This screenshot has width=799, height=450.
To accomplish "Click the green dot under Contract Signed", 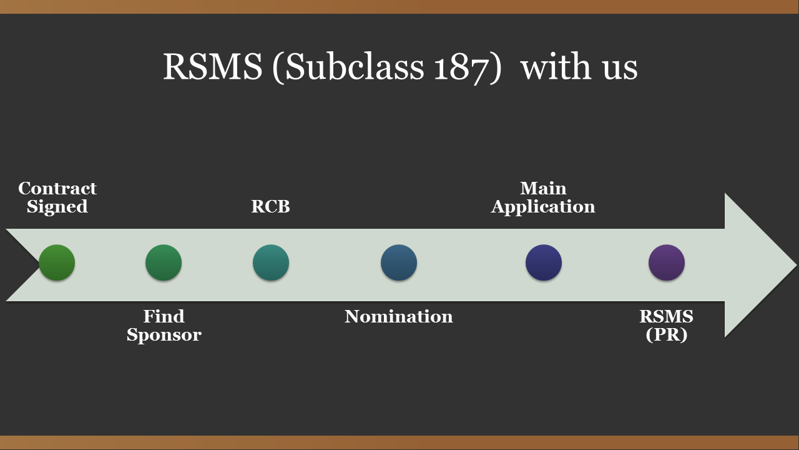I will (x=57, y=262).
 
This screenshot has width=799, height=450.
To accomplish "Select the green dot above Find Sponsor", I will (x=164, y=262).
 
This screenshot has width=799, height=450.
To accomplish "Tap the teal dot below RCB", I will (x=271, y=262).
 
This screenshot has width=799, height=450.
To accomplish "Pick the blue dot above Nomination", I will (x=399, y=262).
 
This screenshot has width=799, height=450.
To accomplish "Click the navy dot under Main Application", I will (x=544, y=262).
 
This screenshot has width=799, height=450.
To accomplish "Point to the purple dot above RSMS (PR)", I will (x=667, y=262).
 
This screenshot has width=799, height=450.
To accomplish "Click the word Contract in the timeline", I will (x=57, y=188).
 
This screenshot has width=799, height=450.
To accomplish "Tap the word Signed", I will (x=57, y=207).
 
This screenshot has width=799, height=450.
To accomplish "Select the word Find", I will (x=164, y=316).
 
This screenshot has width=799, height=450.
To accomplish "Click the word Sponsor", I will (x=164, y=335).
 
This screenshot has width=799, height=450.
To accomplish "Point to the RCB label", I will (x=270, y=207).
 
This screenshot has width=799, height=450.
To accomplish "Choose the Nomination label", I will (x=399, y=316).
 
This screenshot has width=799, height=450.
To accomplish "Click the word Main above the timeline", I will (x=543, y=188).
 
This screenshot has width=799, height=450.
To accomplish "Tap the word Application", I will (x=543, y=207).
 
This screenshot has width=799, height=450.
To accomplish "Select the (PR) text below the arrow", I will (x=667, y=335).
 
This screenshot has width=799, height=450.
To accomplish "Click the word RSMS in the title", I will (x=212, y=66).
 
